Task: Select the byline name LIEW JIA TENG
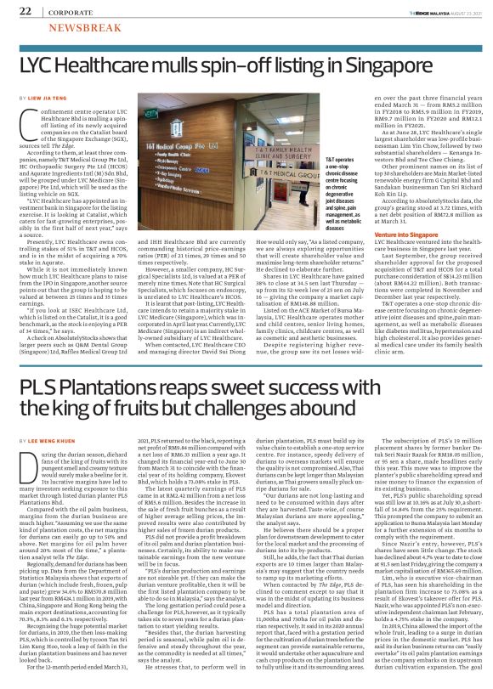51,99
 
